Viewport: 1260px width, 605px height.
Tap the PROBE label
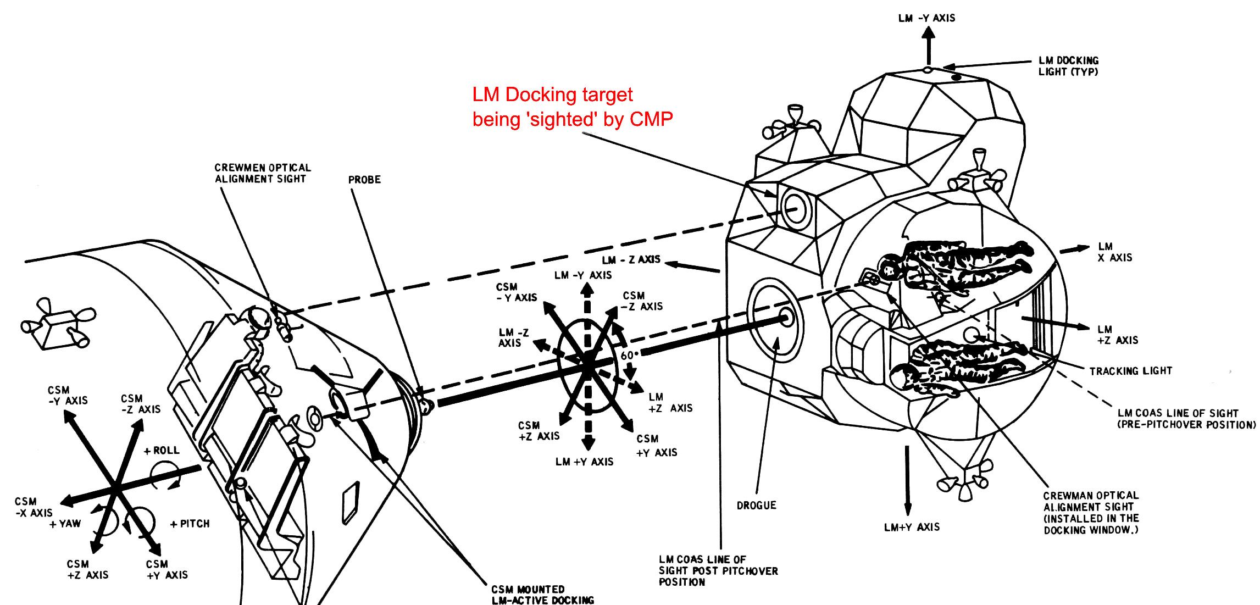[364, 180]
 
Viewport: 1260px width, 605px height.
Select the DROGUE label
[756, 506]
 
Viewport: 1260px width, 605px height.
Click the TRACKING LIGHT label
[1130, 371]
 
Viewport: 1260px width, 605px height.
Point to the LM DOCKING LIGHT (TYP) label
[1068, 66]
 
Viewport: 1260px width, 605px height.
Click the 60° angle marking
[629, 356]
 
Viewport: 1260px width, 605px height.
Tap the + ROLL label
[162, 451]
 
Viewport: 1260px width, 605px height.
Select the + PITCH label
[190, 524]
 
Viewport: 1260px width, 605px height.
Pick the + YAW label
[65, 524]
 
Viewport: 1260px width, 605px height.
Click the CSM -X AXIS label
[34, 507]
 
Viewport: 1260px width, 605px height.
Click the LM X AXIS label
[1114, 252]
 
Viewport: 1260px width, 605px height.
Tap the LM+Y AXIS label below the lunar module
[912, 527]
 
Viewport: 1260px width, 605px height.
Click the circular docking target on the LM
[794, 209]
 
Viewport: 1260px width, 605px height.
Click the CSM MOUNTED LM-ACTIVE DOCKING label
[542, 595]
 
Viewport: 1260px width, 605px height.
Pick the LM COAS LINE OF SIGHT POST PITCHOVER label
[718, 570]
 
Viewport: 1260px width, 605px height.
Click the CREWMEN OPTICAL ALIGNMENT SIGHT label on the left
[262, 173]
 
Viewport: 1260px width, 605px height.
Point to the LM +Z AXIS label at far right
[1117, 335]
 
